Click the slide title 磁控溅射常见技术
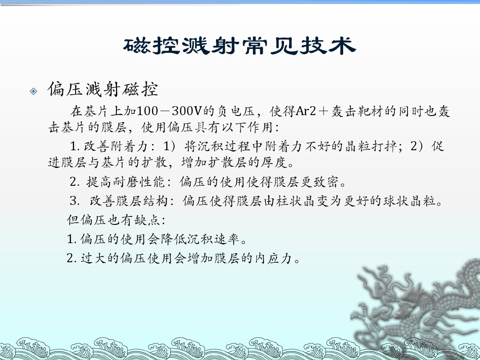click(x=240, y=46)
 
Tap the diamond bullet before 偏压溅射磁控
click(x=33, y=91)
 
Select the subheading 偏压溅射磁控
click(x=103, y=89)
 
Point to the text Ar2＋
click(x=312, y=111)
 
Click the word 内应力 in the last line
click(x=273, y=258)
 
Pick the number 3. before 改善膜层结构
click(x=74, y=201)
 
